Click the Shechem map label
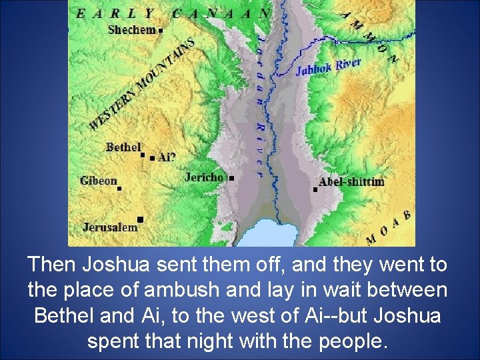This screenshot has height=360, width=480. (x=131, y=29)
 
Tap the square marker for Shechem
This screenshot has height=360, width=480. (x=161, y=30)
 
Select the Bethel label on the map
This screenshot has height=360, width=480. (x=123, y=147)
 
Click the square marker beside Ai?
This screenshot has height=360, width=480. (x=153, y=159)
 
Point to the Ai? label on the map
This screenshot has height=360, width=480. (x=167, y=158)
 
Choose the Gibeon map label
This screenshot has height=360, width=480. (x=98, y=181)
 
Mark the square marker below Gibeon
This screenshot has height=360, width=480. (x=119, y=189)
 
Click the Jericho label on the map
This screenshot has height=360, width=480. (x=204, y=177)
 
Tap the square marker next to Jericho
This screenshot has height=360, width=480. (x=231, y=179)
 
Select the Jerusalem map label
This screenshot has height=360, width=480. (x=110, y=227)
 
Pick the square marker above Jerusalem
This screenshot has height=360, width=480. (x=140, y=219)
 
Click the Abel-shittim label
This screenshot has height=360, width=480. (x=351, y=181)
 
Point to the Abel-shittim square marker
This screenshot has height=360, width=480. (x=315, y=190)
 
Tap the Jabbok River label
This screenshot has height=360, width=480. (x=328, y=67)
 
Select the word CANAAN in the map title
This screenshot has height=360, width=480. (x=221, y=13)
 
